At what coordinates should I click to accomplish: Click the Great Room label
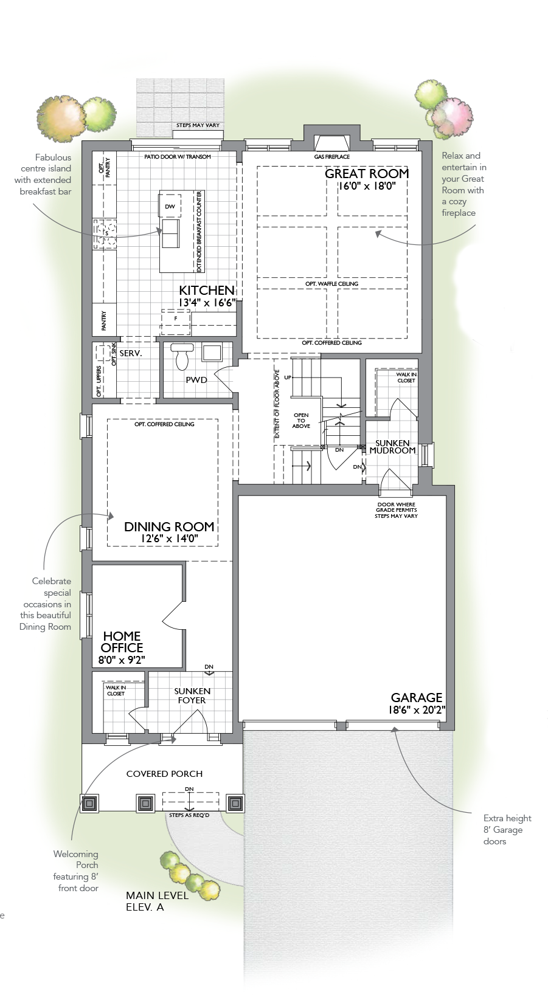pos(367,173)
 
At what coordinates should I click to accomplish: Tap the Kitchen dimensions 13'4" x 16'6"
pos(207,303)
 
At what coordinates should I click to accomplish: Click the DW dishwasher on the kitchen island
pos(170,207)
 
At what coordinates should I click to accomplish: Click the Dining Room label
pos(169,526)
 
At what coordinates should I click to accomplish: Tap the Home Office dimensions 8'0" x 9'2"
pos(122,660)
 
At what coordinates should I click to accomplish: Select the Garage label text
pos(416,697)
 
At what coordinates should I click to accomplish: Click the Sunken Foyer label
pos(192,695)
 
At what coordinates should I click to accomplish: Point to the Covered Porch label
pos(164,774)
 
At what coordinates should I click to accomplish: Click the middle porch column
pos(145,804)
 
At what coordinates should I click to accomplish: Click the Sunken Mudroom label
pos(392,447)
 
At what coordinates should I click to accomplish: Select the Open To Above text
pos(301,421)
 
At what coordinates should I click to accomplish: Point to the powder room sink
pos(212,353)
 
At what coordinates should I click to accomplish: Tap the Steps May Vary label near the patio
pos(198,125)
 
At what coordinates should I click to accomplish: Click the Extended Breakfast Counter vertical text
pos(199,232)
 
